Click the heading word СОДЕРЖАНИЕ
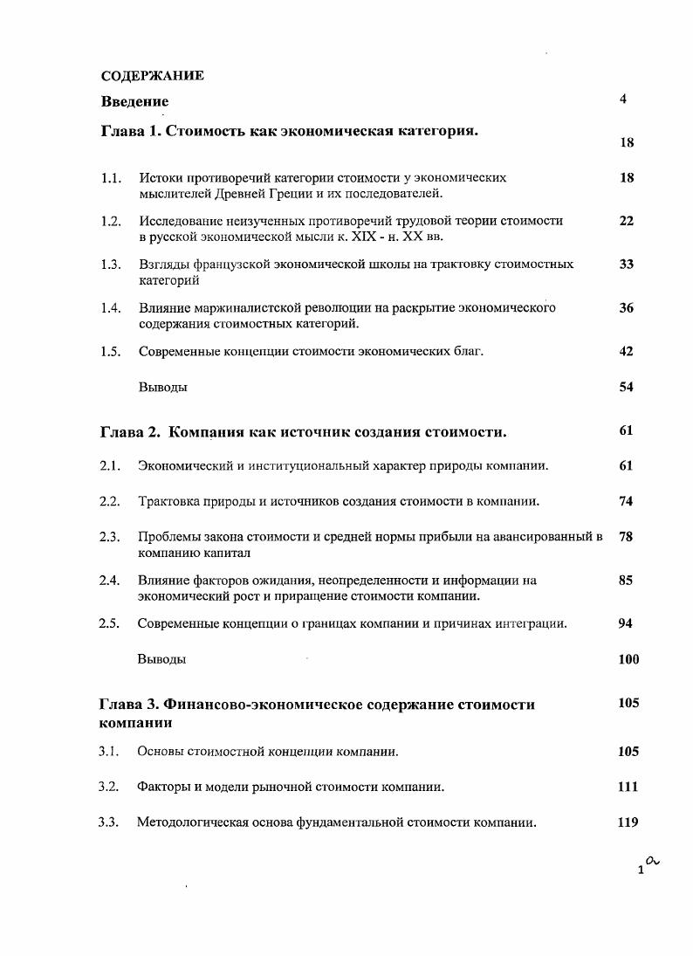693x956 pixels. click(153, 75)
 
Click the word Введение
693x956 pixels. click(134, 101)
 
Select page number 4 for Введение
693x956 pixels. click(623, 99)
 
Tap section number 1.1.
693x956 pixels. click(110, 177)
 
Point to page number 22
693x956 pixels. click(626, 221)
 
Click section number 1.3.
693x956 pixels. click(110, 264)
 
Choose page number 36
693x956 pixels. click(626, 307)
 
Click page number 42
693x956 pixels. click(626, 351)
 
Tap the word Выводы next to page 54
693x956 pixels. click(162, 387)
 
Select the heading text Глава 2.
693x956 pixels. click(130, 432)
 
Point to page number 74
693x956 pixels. click(626, 501)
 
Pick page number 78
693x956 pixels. click(626, 537)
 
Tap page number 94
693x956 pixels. click(626, 623)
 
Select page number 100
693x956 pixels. click(628, 659)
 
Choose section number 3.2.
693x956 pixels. click(109, 787)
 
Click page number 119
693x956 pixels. click(628, 822)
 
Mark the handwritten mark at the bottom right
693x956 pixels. click(652, 861)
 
